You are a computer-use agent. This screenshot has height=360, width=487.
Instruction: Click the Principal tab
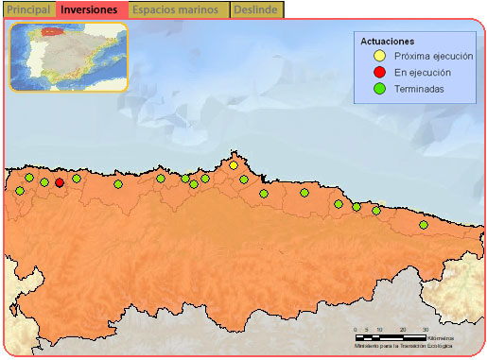[28, 9]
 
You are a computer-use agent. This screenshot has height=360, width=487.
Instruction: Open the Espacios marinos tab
[176, 9]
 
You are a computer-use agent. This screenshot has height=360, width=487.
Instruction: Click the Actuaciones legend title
[388, 42]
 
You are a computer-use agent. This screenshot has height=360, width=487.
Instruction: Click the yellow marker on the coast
[234, 166]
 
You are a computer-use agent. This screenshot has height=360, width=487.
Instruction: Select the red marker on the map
[60, 182]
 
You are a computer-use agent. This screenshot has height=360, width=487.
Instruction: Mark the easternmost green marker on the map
[423, 225]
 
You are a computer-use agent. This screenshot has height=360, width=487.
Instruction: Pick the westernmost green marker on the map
[20, 191]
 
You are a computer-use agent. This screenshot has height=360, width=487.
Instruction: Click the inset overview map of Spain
[68, 57]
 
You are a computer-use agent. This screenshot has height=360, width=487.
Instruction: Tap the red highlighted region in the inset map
[51, 33]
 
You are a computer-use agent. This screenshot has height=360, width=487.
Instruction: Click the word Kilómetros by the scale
[440, 337]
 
